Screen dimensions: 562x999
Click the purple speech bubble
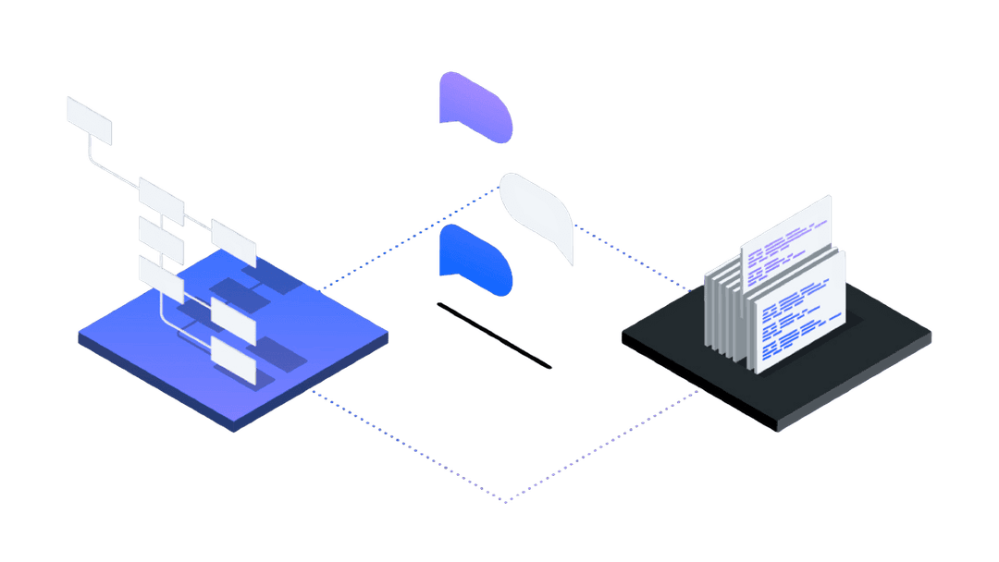click(x=476, y=106)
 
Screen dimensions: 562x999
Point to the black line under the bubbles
click(x=494, y=336)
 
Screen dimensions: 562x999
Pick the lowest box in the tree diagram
click(x=233, y=359)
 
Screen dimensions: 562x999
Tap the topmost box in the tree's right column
click(x=233, y=241)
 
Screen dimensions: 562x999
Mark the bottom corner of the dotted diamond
click(x=504, y=502)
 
